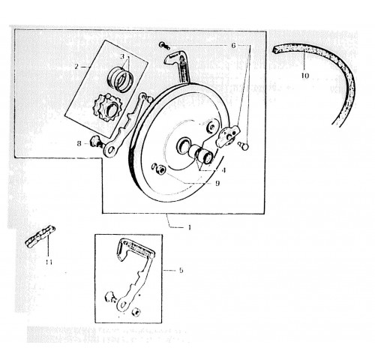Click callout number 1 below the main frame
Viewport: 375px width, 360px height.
(190, 227)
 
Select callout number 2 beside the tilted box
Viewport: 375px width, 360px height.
(76, 67)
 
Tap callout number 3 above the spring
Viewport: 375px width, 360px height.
(122, 56)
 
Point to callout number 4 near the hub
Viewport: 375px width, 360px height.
(223, 170)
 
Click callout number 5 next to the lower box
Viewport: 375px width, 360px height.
(181, 270)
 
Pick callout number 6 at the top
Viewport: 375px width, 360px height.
(233, 46)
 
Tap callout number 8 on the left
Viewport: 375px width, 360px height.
(79, 144)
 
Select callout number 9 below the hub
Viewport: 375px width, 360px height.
(217, 183)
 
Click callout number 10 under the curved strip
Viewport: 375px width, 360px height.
(305, 76)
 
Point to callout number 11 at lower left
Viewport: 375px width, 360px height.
(49, 262)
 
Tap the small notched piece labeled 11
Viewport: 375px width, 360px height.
(40, 237)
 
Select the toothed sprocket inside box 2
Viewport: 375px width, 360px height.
(107, 107)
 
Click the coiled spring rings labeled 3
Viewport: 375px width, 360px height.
(120, 79)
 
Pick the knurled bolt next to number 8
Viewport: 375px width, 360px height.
(96, 142)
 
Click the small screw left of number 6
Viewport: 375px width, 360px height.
(164, 45)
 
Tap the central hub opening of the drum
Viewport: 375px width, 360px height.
(184, 145)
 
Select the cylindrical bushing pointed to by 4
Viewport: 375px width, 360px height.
(206, 157)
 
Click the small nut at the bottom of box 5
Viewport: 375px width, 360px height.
(136, 312)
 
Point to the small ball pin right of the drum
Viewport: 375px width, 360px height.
(244, 145)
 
